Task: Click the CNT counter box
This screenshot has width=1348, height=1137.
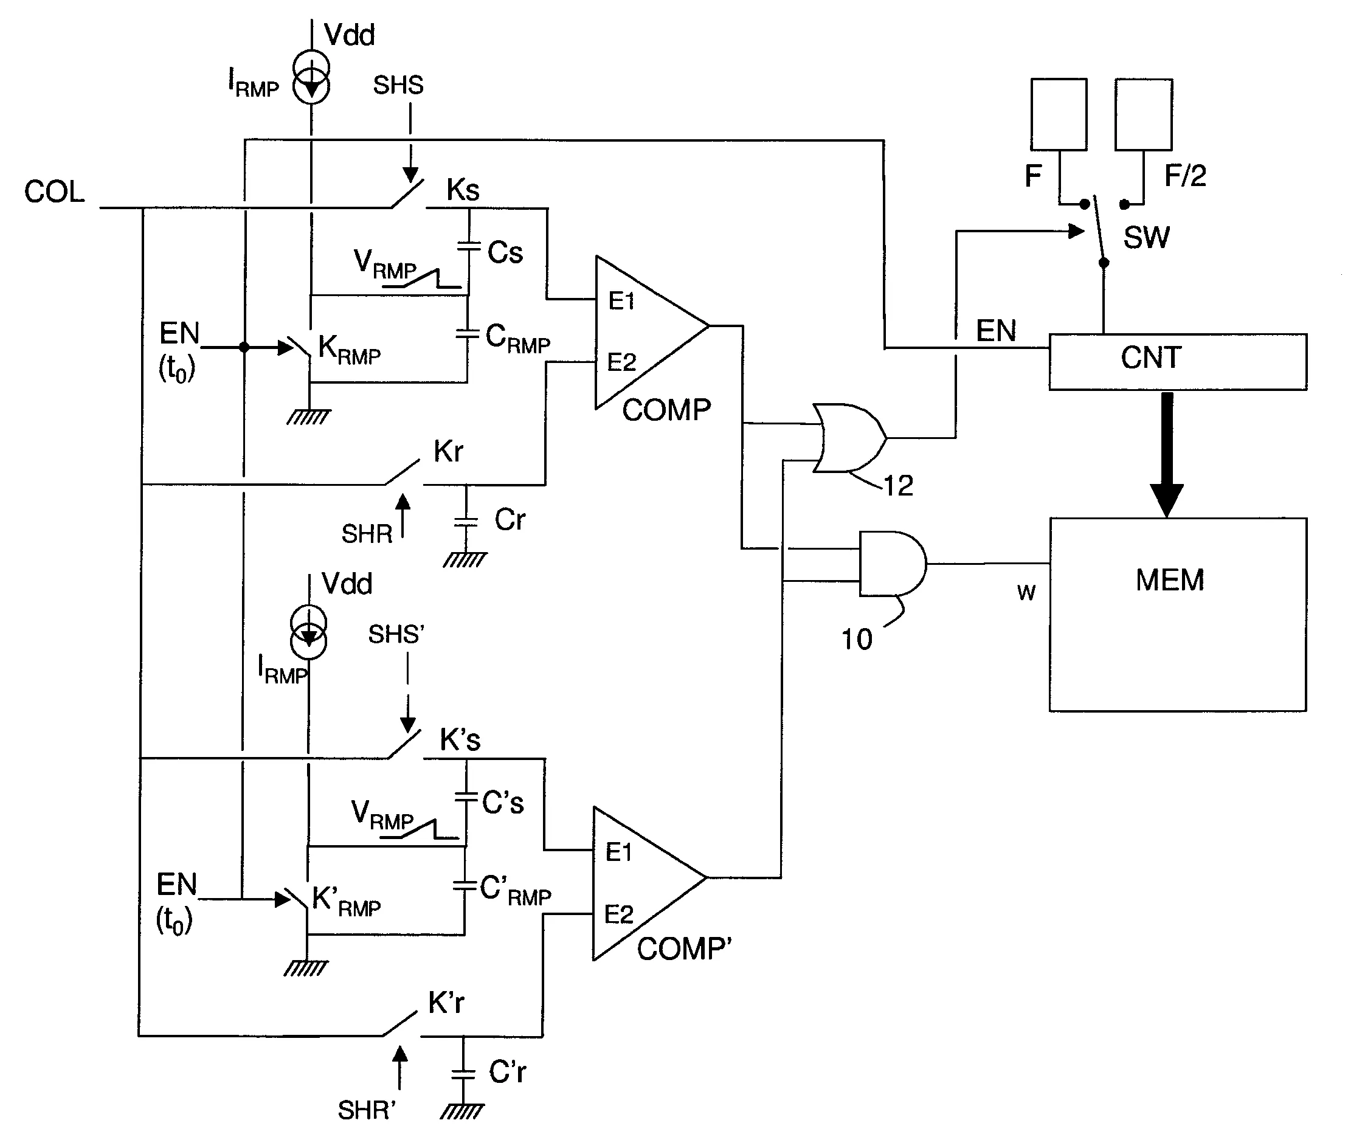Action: pos(1177,361)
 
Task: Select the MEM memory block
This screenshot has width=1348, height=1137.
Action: pos(1177,613)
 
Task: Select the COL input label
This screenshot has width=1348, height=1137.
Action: pos(54,192)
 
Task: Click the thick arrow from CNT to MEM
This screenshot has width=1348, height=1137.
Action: pos(1166,454)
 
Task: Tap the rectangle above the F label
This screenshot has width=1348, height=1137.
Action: pos(1058,115)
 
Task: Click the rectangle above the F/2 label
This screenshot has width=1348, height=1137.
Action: pos(1143,115)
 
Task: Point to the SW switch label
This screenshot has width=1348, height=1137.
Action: pos(1146,238)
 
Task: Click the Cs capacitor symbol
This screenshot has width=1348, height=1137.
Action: pos(469,246)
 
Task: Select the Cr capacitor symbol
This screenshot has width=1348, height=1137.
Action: pos(466,521)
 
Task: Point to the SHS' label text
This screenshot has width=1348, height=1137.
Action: pos(395,635)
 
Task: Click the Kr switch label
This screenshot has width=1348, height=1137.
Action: pos(448,452)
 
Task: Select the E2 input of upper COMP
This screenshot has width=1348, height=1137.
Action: pos(621,362)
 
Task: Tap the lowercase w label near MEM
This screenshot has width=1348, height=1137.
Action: pos(1026,592)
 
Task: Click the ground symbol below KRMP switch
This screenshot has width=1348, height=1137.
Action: pos(309,417)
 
